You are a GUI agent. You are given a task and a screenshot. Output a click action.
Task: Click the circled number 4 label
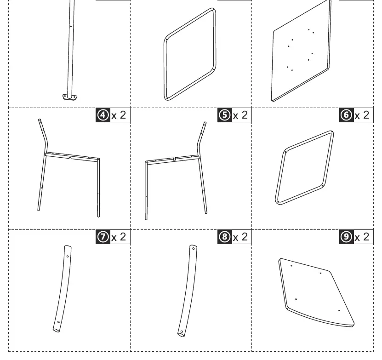(103, 115)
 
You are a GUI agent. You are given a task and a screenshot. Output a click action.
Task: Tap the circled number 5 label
(225, 115)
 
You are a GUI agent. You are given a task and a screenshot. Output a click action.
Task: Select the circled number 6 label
(346, 115)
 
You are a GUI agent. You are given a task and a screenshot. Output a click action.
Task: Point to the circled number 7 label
(103, 237)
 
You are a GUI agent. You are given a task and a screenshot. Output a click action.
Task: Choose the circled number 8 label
(225, 237)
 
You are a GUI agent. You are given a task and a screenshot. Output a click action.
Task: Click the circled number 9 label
(346, 237)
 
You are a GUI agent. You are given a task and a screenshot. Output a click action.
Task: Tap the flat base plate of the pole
(70, 97)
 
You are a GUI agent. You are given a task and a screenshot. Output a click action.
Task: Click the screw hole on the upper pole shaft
(71, 26)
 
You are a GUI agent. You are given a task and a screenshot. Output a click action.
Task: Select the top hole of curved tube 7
(68, 256)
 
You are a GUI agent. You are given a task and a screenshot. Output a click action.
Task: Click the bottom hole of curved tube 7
(58, 322)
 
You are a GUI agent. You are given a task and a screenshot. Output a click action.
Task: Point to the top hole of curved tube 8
(194, 249)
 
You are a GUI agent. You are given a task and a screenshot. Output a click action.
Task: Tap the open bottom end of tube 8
(181, 334)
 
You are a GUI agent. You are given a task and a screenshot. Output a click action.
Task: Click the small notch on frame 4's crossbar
(70, 158)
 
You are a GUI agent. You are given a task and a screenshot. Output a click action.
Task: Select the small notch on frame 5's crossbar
(174, 159)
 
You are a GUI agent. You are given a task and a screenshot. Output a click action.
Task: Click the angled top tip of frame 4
(40, 120)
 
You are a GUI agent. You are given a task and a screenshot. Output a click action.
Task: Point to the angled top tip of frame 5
(205, 123)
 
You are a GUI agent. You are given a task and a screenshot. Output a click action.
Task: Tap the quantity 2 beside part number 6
(366, 115)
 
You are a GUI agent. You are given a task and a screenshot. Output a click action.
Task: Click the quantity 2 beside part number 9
(366, 237)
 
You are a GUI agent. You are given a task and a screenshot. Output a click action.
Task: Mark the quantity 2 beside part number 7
(123, 237)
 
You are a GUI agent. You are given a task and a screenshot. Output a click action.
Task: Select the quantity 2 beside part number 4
(123, 115)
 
